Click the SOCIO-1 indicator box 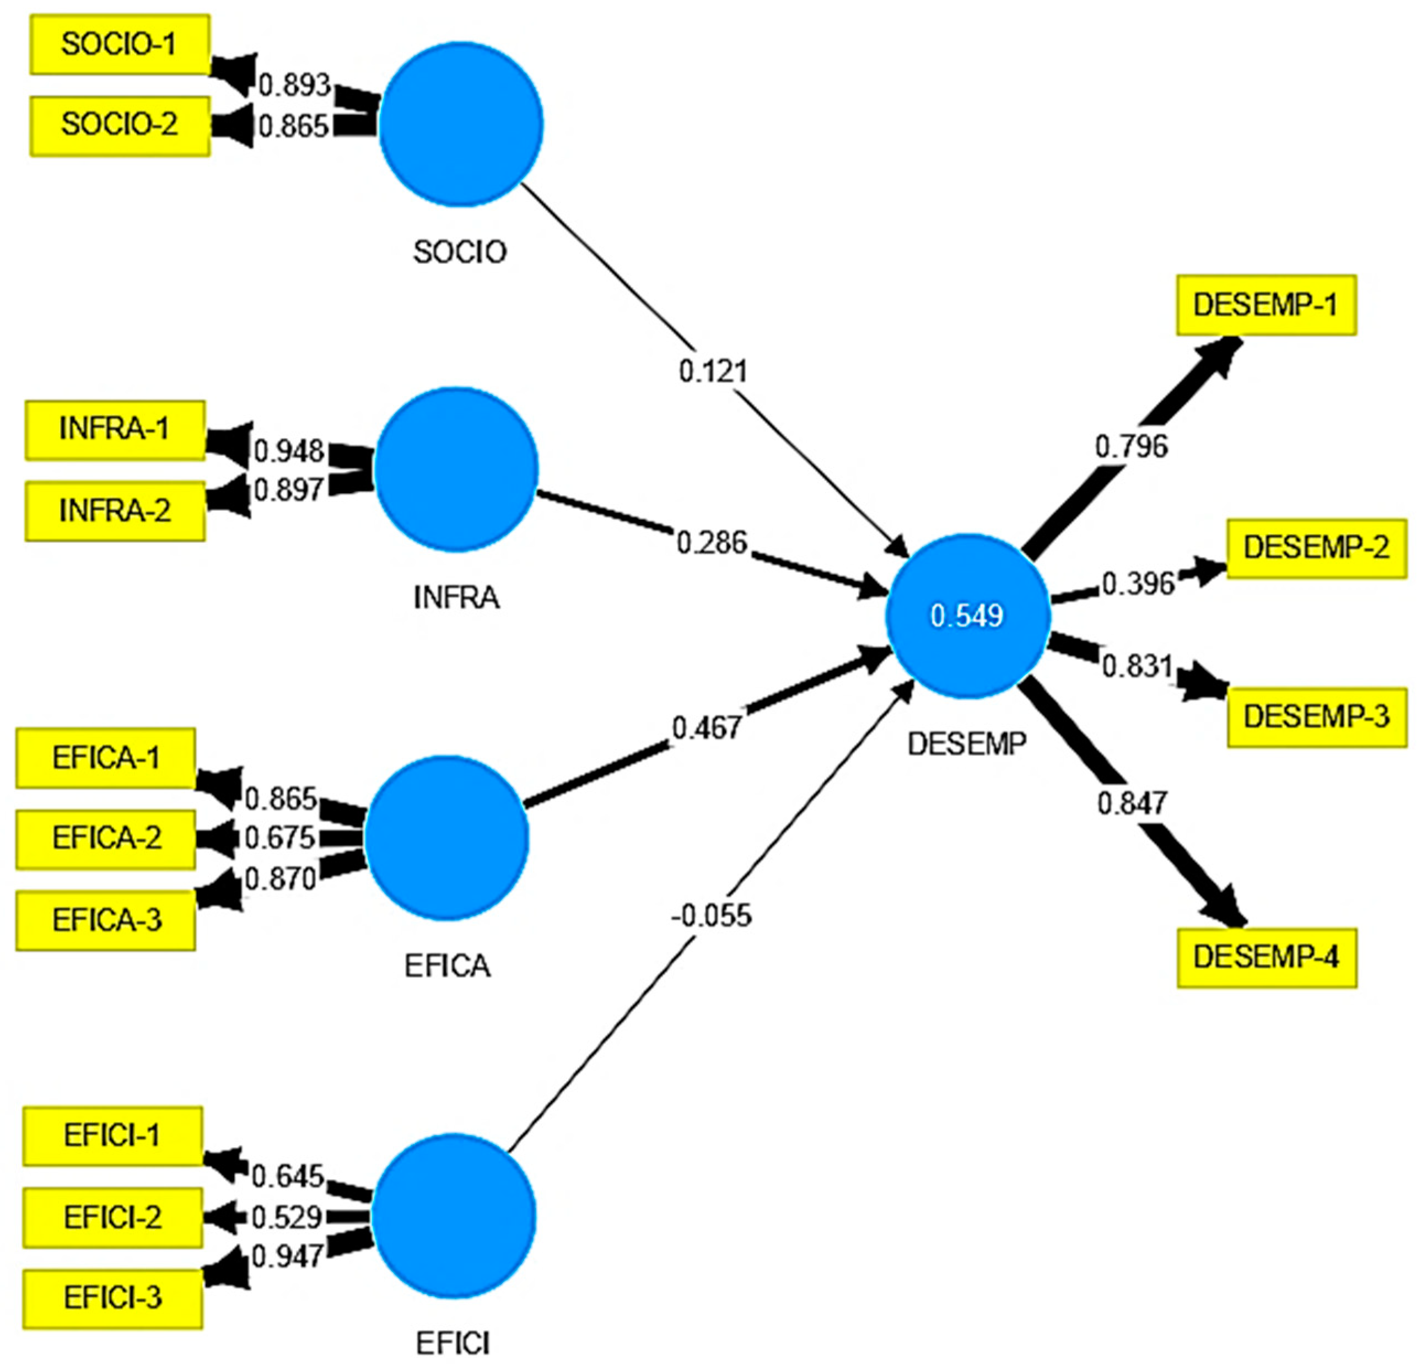120,44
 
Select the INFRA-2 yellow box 115,511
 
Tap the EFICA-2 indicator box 106,838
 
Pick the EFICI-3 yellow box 112,1298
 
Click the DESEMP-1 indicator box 1266,305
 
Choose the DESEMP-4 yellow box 1267,957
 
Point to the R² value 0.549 967,616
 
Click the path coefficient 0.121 713,371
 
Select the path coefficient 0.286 712,542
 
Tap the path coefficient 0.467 707,727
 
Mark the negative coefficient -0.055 712,916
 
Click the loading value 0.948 289,451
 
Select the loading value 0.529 287,1218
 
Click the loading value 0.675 280,838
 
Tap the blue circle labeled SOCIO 461,124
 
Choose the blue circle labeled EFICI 454,1216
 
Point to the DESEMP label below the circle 967,743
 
